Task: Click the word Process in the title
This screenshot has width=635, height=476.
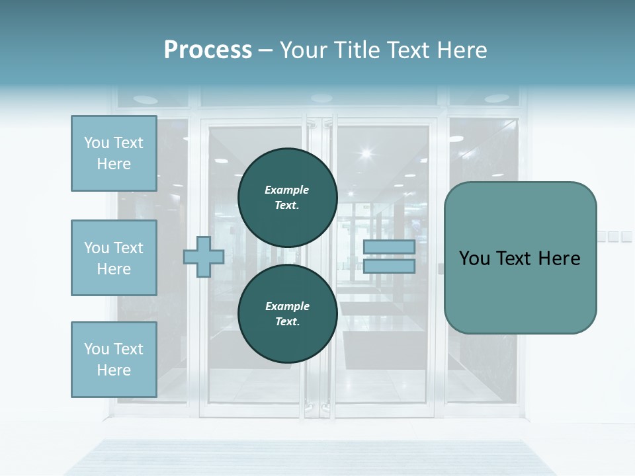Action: click(x=208, y=50)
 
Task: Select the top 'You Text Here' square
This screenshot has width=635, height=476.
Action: click(x=114, y=153)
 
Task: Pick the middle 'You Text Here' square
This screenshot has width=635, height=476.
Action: click(x=114, y=258)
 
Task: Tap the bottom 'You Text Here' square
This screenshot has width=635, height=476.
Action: click(x=114, y=359)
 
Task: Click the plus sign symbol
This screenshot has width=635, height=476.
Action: click(x=203, y=257)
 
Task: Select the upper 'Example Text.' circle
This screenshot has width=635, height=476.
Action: click(x=287, y=197)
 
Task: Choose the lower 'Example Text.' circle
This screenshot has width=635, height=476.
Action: click(x=287, y=313)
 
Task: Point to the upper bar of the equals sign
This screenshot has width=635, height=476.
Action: click(x=389, y=247)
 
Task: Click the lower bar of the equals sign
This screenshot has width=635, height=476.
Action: click(x=389, y=266)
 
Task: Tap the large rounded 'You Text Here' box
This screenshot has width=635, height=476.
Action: click(x=520, y=257)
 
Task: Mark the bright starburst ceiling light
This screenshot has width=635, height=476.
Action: click(x=366, y=154)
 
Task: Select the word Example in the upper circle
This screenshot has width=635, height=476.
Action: click(x=287, y=190)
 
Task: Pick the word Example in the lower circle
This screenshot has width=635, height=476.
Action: click(x=287, y=306)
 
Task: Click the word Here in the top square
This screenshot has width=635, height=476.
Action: click(x=114, y=164)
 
